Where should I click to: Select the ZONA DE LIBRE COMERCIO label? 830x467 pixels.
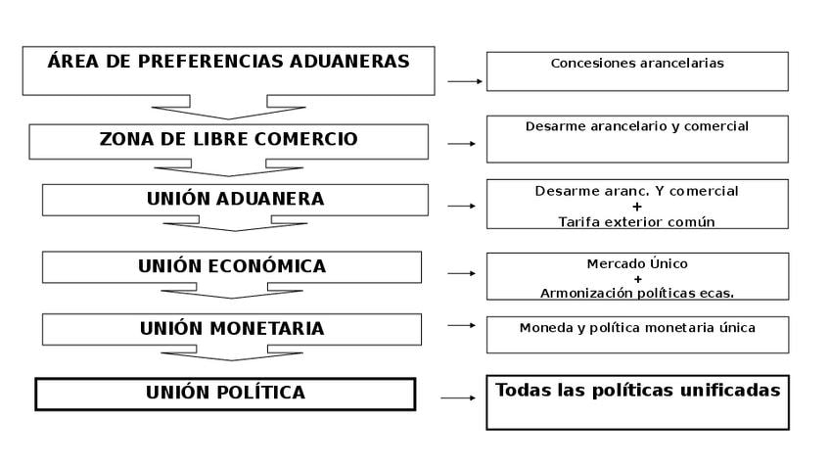tap(229, 139)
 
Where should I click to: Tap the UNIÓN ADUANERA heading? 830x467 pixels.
tap(236, 199)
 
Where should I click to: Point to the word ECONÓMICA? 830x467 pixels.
tap(268, 265)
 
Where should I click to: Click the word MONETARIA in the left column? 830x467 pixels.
tap(267, 328)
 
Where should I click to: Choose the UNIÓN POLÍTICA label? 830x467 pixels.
tap(225, 393)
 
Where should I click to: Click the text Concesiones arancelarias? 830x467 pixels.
tap(637, 63)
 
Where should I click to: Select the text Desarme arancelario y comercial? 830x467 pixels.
tap(637, 126)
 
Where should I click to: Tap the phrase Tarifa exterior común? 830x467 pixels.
tap(636, 222)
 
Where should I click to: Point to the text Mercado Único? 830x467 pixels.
tap(637, 263)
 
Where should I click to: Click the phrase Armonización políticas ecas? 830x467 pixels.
tap(637, 293)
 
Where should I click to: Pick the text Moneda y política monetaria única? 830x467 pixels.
tap(637, 328)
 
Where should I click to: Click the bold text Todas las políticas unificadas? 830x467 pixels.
tap(638, 391)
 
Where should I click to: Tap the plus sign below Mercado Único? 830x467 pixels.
tap(638, 279)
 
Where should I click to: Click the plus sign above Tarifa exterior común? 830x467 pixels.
tap(637, 207)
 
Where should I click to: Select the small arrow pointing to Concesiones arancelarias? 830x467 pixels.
tap(465, 81)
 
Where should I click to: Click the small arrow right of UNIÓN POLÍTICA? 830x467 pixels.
tap(458, 397)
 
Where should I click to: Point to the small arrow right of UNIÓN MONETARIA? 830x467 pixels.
tap(462, 325)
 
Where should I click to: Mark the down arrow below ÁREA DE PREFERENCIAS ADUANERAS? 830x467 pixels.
tap(229, 108)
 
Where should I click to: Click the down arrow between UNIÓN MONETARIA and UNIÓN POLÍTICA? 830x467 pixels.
tap(232, 353)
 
